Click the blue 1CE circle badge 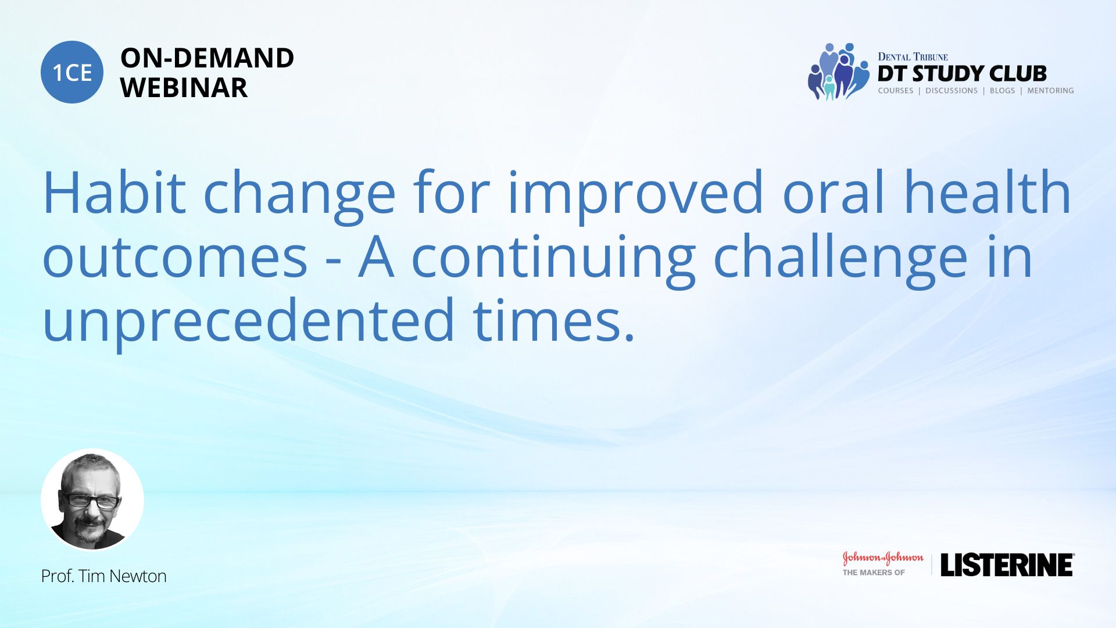click(72, 72)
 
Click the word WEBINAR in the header click(184, 88)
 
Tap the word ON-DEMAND click(207, 58)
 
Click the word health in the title click(988, 192)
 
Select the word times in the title click(548, 320)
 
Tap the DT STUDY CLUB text click(962, 74)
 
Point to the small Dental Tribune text click(913, 57)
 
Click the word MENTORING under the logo click(1050, 91)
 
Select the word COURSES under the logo click(895, 91)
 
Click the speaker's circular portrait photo click(92, 499)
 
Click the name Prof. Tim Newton click(103, 576)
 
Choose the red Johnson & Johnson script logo click(883, 558)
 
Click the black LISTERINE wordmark click(1007, 565)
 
